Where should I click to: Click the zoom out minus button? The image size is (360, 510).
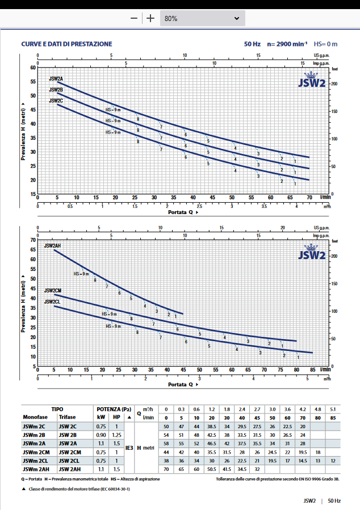(x=134, y=18)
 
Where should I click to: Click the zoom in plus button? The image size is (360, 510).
(x=150, y=18)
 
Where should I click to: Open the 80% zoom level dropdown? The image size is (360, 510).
(x=202, y=18)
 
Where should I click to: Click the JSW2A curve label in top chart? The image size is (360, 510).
(x=56, y=79)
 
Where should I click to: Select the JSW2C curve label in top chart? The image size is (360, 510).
(x=56, y=101)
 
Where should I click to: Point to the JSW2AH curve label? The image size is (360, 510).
(x=52, y=246)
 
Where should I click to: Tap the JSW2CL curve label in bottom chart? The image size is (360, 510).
(x=52, y=302)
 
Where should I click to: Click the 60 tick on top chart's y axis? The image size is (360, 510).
(x=32, y=68)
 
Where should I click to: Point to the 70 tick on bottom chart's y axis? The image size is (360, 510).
(x=32, y=240)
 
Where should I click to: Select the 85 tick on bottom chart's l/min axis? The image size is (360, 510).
(x=313, y=369)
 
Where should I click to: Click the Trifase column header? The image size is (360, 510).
(x=67, y=417)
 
